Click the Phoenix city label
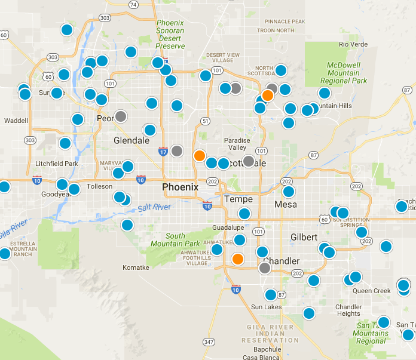[180, 187]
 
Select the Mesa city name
[285, 205]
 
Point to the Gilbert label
[304, 237]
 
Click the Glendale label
[131, 140]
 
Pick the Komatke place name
[136, 267]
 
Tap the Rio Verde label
[351, 44]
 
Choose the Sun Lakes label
[265, 307]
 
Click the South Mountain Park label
[175, 239]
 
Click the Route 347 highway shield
[208, 342]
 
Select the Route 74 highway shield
[133, 5]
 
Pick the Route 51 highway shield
[205, 121]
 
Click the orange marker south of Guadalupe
[238, 259]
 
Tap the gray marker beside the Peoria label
[121, 116]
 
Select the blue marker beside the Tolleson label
[74, 189]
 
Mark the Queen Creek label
[371, 291]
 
